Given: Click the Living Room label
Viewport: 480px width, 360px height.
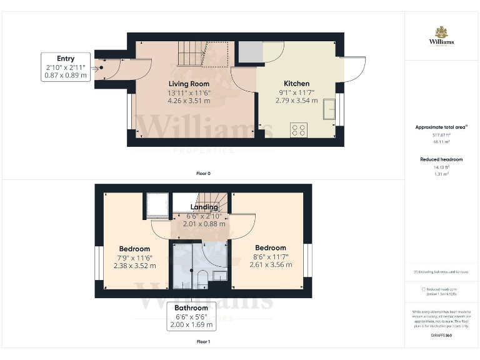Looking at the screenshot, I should (x=189, y=84).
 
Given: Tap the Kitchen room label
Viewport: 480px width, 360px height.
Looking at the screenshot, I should (x=296, y=84).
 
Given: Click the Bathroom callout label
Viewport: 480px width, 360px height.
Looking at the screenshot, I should (x=191, y=316).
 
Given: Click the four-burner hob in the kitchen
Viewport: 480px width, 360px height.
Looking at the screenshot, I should (x=299, y=130).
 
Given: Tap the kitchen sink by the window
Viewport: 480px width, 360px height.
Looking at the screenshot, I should (x=328, y=111).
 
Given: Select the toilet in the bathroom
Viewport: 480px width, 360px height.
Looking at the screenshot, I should (x=202, y=277).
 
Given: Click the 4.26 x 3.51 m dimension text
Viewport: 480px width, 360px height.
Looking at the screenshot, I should (x=189, y=100).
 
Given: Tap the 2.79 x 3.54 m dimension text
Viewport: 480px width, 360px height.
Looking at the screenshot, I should (x=296, y=100).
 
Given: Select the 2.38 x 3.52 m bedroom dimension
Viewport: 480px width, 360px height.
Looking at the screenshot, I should (x=134, y=265).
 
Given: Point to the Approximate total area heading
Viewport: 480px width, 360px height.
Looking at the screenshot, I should (x=441, y=127).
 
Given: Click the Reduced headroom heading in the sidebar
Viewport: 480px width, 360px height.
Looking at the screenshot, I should (x=441, y=159).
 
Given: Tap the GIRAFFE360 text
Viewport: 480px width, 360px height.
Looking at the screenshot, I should (x=441, y=336).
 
